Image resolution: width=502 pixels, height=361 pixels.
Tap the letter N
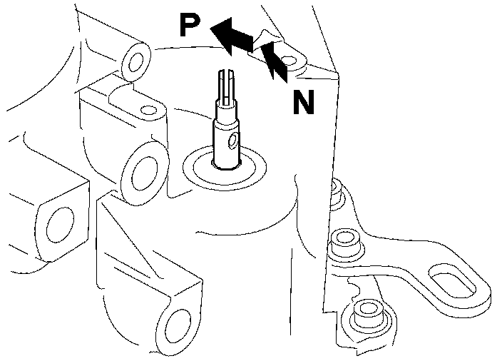click(x=304, y=103)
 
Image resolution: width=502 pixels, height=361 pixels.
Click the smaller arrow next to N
click(x=275, y=61)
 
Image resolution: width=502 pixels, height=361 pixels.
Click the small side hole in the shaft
click(x=233, y=139)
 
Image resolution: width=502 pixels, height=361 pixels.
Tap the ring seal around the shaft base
click(x=225, y=171)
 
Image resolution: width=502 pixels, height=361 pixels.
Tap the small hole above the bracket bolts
click(x=333, y=187)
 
